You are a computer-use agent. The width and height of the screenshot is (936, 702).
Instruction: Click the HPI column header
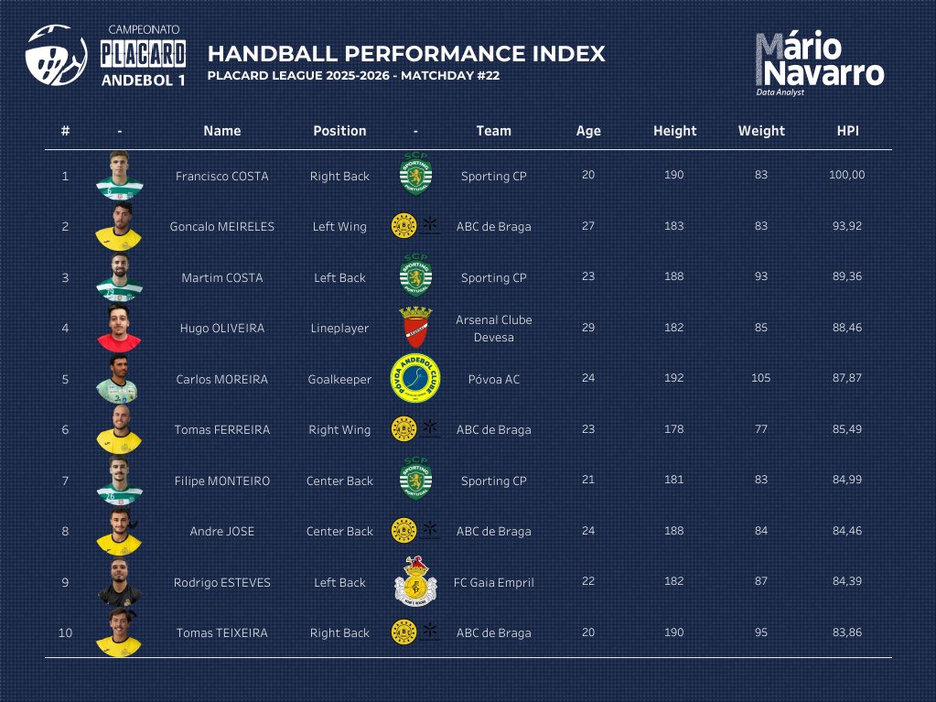(847, 131)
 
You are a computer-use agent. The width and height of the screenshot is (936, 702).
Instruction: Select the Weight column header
(761, 131)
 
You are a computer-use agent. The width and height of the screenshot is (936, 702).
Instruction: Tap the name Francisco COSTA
(221, 176)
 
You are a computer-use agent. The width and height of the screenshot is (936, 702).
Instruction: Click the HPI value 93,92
(846, 226)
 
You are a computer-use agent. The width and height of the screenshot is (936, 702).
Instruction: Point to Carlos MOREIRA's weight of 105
(761, 378)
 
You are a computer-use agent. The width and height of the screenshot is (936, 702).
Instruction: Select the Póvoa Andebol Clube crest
(415, 378)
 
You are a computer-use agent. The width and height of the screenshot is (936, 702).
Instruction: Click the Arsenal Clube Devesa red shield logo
(415, 328)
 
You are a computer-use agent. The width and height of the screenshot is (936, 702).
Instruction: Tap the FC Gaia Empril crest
(415, 581)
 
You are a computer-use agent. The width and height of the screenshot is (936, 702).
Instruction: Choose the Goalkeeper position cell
(339, 379)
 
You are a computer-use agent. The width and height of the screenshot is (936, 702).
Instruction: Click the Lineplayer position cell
(339, 328)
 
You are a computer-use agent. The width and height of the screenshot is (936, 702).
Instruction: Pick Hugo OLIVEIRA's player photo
(120, 328)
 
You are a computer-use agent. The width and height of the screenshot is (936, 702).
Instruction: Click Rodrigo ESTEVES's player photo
(120, 581)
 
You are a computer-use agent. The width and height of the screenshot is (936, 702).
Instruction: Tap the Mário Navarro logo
(819, 62)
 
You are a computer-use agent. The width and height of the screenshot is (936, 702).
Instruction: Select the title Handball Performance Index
(406, 53)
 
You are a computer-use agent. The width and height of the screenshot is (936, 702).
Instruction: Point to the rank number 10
(65, 632)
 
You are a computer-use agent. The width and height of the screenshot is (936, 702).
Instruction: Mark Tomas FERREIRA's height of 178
(674, 429)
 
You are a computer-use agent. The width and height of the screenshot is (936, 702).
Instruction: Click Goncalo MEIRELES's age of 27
(588, 226)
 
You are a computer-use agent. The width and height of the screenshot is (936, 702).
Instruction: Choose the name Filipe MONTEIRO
(221, 481)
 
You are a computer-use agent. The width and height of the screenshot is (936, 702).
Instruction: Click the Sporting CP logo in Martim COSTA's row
(416, 277)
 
